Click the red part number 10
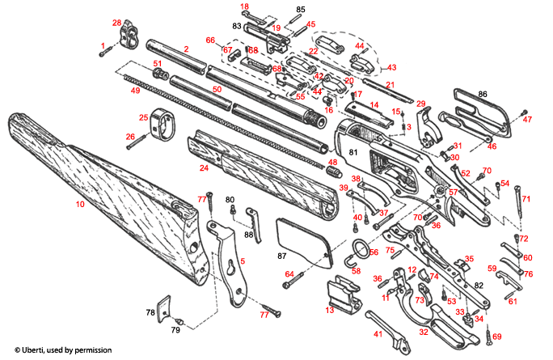pos(80,205)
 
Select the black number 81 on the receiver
pos(352,151)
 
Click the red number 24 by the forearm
pos(205,168)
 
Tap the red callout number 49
pos(135,90)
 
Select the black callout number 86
pos(483,95)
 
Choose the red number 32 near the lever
pos(423,332)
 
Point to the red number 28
pos(116,22)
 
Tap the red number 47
pos(528,120)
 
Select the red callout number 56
pos(374,252)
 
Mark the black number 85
pos(301,10)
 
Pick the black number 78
pos(150,311)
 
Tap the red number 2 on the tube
pos(186,49)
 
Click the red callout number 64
pos(288,274)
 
